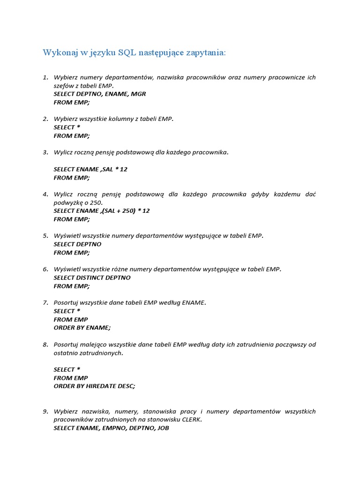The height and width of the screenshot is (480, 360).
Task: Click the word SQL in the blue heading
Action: point(127,52)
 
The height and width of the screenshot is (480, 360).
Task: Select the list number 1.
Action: point(45,77)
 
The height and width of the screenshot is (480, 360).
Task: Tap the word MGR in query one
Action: point(138,94)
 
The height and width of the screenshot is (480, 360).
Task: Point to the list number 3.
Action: point(45,152)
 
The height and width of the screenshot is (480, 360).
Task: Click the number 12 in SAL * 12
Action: point(123,169)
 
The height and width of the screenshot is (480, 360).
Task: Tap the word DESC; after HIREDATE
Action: point(127,386)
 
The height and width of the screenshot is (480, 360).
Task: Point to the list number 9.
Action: point(45,412)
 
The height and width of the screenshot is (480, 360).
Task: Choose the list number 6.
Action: point(45,269)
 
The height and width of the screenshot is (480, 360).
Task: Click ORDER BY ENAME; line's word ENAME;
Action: point(98,328)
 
